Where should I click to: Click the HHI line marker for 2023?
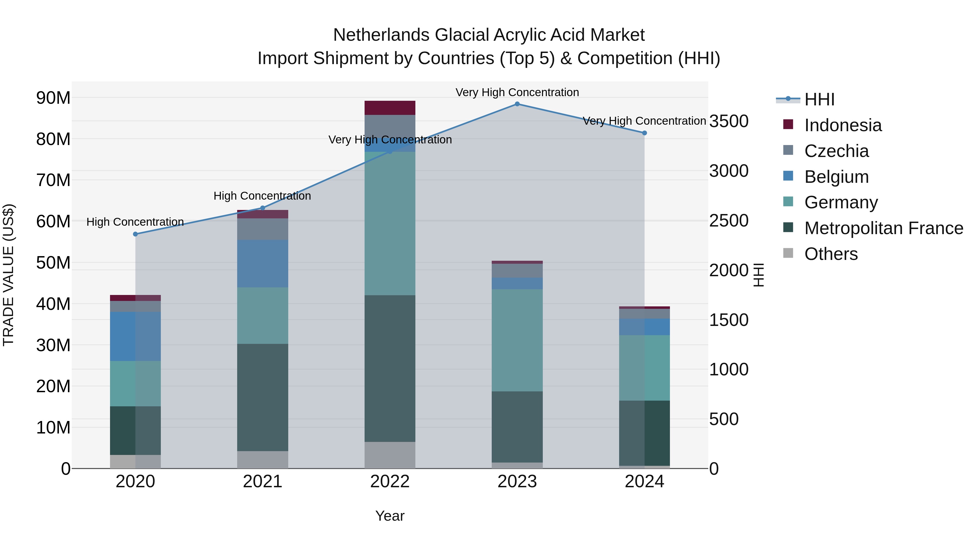(517, 104)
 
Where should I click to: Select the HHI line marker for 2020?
(136, 234)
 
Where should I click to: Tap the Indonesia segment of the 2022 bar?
(390, 108)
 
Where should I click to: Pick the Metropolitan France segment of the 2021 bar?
(263, 397)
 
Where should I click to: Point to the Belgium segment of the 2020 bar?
(136, 336)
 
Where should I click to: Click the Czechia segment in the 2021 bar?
(263, 229)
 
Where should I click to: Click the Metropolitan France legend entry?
(883, 228)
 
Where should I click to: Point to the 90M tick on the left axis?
(53, 98)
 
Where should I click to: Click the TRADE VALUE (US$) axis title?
(8, 275)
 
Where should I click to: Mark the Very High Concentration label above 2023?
(517, 92)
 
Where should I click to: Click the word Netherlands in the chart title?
(381, 35)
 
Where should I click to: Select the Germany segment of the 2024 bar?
(644, 367)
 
